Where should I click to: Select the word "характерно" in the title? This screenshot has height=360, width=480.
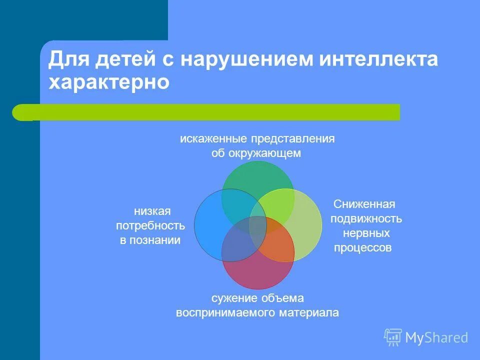[x=109, y=82]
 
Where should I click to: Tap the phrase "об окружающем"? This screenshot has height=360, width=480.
[x=256, y=153]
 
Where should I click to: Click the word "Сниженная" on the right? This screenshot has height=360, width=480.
[x=364, y=204]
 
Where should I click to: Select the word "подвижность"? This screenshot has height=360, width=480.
[x=366, y=219]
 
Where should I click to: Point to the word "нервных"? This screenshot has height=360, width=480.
[x=366, y=233]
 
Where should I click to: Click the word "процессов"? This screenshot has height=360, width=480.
[x=362, y=248]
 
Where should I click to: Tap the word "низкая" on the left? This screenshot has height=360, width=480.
[x=152, y=211]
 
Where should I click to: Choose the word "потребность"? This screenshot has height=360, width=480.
[x=150, y=226]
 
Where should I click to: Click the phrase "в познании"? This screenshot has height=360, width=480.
[x=150, y=240]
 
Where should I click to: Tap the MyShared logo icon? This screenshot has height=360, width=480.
[x=393, y=337]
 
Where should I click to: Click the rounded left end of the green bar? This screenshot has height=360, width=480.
[x=20, y=112]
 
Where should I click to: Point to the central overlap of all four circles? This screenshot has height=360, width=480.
[x=258, y=225]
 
